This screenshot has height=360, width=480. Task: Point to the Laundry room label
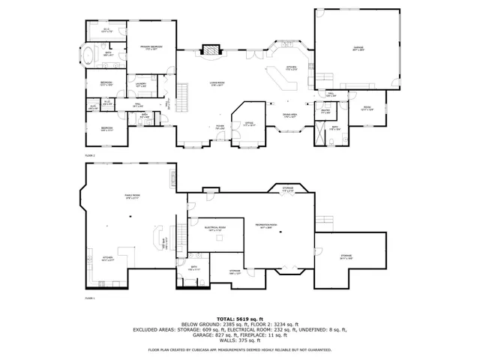pos(140,85)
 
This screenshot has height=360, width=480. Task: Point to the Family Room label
pos(133,196)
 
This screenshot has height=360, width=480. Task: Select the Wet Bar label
pos(164,241)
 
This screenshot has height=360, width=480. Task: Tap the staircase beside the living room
pos(181,94)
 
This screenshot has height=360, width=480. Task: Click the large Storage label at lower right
pos(346,257)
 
